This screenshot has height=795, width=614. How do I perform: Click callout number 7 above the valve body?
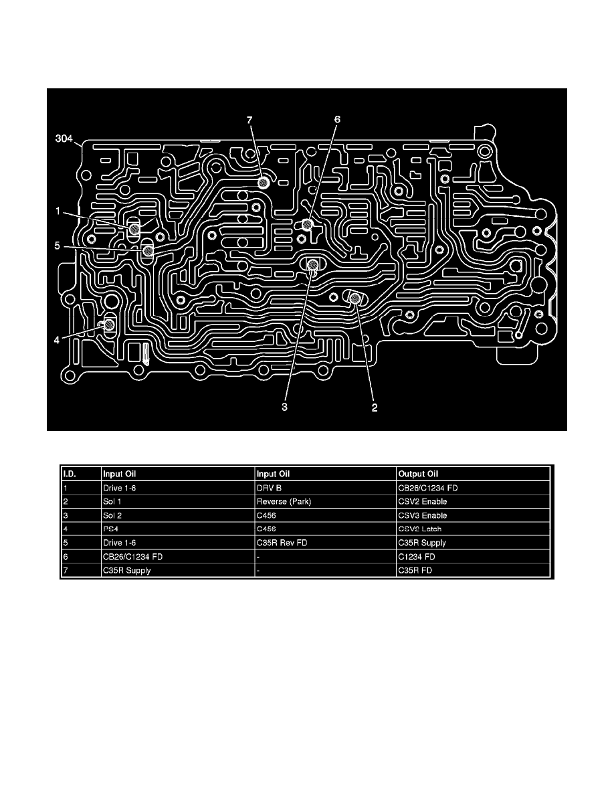pos(249,120)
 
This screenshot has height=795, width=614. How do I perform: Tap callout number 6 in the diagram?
pos(337,120)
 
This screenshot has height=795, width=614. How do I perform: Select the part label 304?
pos(65,140)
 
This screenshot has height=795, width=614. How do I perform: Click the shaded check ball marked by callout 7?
pos(264,183)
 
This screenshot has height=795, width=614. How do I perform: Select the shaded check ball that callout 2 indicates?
pos(355,298)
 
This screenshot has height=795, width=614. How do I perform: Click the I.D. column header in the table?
pos(70,474)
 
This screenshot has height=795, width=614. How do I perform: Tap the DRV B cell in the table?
pos(269,487)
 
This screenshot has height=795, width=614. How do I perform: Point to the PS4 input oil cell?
pos(111,529)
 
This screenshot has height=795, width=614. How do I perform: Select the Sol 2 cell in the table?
pos(113,515)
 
